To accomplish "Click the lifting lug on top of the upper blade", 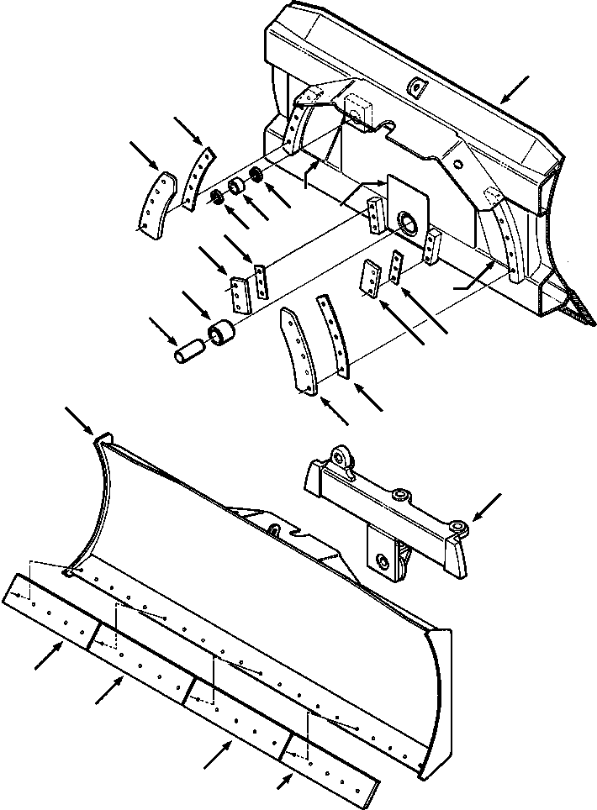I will click(x=415, y=87).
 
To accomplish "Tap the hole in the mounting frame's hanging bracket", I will click(x=382, y=560).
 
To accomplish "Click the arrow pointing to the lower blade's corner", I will click(x=80, y=420).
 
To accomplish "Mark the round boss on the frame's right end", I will click(x=457, y=527).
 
